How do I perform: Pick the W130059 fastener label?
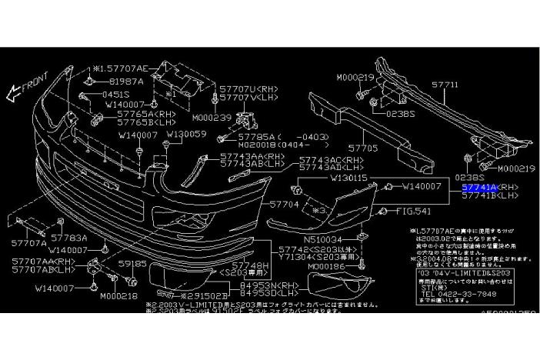(186, 134)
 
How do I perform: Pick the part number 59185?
(131, 263)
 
